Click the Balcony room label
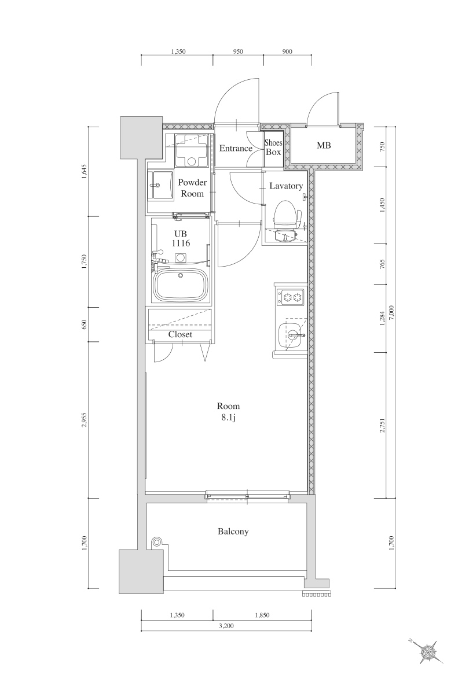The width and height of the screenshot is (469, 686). (233, 531)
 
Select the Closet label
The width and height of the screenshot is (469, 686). (180, 334)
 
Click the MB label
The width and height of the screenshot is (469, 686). (324, 145)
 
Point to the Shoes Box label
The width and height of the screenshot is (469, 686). (273, 147)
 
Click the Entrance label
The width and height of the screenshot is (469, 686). (236, 149)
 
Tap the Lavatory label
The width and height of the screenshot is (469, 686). (286, 186)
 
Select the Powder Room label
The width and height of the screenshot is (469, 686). (192, 188)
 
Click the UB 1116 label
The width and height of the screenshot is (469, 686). (180, 238)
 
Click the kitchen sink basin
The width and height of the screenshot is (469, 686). (290, 334)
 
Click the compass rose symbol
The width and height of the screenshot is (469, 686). (429, 652)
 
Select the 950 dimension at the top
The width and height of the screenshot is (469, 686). (238, 51)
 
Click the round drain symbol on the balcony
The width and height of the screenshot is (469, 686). (156, 542)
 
